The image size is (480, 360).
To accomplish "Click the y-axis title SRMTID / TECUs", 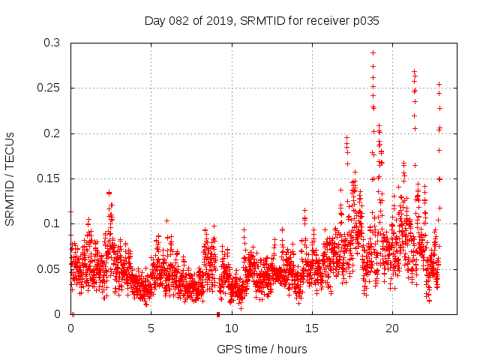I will (x=10, y=178).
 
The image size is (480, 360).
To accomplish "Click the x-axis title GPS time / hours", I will (x=262, y=349).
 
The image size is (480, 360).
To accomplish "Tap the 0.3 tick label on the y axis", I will (x=52, y=43).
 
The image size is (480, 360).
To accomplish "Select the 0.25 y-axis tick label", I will (x=49, y=88).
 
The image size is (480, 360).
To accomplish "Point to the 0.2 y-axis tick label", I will (x=52, y=133).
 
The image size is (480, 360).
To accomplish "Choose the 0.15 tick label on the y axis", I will (x=49, y=178).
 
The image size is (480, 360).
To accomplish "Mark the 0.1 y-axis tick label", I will (x=52, y=223).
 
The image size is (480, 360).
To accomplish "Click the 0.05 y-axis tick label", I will (x=49, y=268).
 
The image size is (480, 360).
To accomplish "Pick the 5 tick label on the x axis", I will (x=151, y=328).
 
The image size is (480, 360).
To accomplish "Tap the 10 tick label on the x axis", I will (x=231, y=328).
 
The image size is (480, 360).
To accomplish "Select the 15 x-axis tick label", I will (x=311, y=328).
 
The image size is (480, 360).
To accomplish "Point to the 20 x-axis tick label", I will (x=391, y=328).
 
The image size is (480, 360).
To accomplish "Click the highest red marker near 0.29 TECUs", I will (x=373, y=52).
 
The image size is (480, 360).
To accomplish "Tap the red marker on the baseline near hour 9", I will (x=217, y=313).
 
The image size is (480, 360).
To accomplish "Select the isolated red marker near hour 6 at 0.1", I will (x=166, y=220).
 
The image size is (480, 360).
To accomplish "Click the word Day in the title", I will (x=154, y=21).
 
